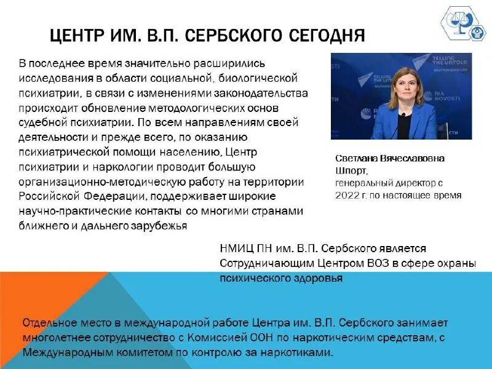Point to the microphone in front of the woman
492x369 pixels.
click(403, 120)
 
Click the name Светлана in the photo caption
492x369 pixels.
click(358, 158)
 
